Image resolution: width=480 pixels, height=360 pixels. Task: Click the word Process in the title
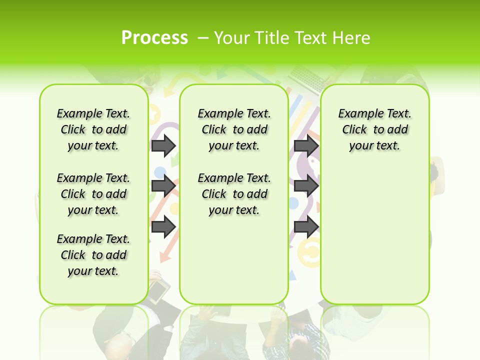tap(154, 37)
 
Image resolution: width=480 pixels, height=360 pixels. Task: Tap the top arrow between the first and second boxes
tap(163, 145)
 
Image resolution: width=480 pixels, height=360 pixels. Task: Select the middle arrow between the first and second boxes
tap(163, 186)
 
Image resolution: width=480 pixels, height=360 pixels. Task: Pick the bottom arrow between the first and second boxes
tap(163, 226)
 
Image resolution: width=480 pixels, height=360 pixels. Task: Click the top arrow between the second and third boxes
tap(306, 145)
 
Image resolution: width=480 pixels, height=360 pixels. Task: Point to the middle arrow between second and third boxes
tap(306, 186)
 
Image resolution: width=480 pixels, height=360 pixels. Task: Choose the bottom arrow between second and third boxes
tap(306, 226)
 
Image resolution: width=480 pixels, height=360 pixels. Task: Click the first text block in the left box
tap(93, 129)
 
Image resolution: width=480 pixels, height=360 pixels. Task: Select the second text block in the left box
tap(93, 194)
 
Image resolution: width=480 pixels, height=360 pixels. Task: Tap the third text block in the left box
tap(93, 255)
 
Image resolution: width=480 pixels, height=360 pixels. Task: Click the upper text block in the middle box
tap(234, 129)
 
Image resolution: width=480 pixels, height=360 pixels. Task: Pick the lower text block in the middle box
tap(234, 194)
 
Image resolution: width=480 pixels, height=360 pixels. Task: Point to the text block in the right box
tap(375, 129)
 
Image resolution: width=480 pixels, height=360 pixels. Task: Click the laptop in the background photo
tap(307, 77)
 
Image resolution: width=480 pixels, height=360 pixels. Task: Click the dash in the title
tap(203, 38)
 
